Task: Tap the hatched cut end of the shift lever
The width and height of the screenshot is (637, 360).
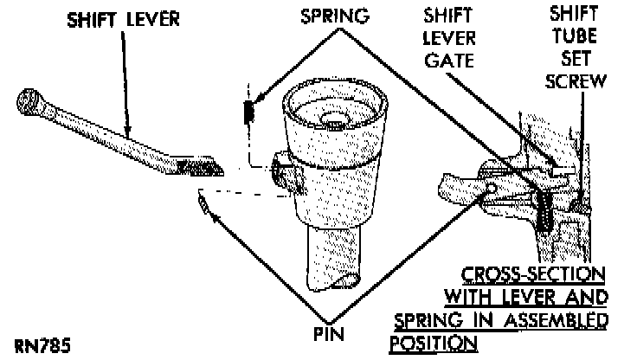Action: pos(198,162)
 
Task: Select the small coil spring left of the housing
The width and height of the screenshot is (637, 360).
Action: pos(248,112)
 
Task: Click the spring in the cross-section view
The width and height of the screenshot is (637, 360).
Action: pos(544,211)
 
